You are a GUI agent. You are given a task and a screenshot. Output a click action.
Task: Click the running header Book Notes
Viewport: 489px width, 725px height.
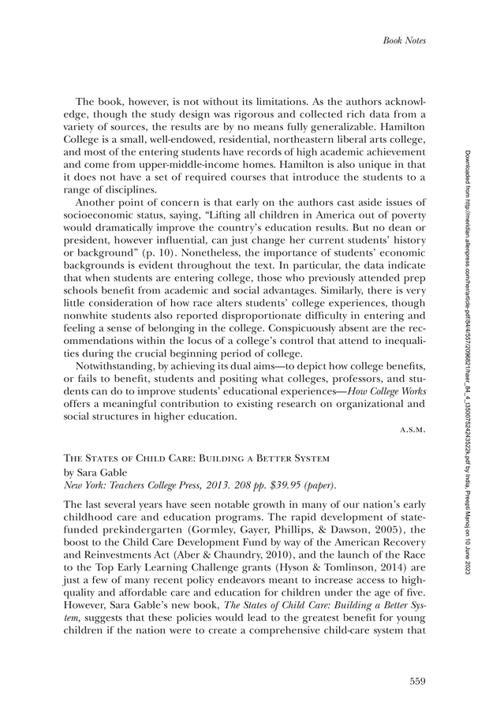point(404,40)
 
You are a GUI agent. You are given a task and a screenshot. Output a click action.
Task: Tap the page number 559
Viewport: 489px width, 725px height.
point(417,681)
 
